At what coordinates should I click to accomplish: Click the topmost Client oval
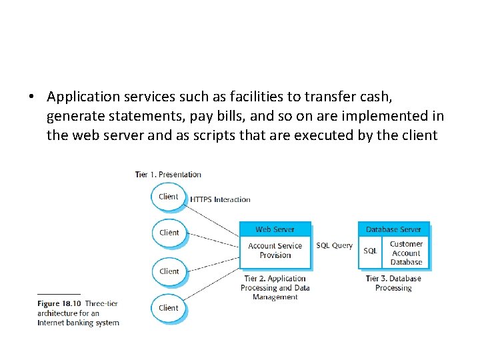click(169, 197)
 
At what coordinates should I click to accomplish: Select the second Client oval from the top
click(169, 233)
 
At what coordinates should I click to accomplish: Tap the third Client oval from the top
click(169, 271)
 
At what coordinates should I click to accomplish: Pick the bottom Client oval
click(169, 308)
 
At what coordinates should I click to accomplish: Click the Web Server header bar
click(275, 229)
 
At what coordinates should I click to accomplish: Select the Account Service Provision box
click(275, 251)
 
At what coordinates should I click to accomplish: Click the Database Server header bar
click(393, 229)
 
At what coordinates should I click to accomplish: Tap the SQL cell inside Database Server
click(370, 251)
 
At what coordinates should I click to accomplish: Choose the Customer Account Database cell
click(406, 253)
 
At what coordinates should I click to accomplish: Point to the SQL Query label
click(334, 245)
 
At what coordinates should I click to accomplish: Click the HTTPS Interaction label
click(220, 199)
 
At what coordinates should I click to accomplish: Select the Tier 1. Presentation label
click(168, 175)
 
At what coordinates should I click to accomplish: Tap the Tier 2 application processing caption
click(275, 288)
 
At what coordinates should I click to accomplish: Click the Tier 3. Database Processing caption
click(393, 283)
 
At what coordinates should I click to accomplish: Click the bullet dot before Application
click(31, 97)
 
